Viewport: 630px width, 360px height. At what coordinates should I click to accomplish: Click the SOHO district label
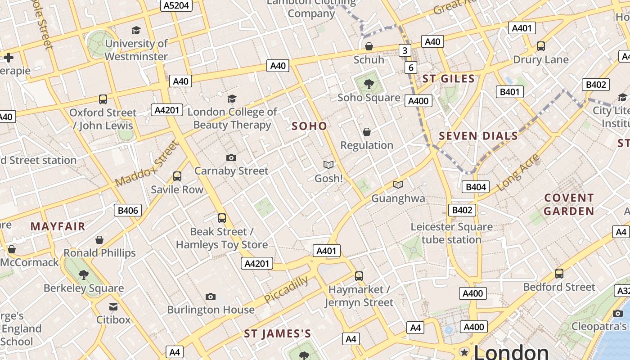pos(309,126)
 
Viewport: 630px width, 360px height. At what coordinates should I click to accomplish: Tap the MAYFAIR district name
pos(58,226)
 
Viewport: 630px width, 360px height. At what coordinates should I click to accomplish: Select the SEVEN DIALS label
pos(478,136)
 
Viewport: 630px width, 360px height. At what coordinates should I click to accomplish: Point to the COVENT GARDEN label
pos(569,204)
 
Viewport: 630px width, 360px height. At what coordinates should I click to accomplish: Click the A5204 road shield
pos(176,5)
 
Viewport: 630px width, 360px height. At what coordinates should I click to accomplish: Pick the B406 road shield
pos(128,210)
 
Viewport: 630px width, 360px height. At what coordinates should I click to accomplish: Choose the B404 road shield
pos(476,187)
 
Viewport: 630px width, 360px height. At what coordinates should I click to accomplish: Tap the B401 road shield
pos(510,92)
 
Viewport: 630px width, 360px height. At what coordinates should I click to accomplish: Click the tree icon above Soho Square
pos(369,84)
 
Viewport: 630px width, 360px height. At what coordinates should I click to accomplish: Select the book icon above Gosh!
pos(328,165)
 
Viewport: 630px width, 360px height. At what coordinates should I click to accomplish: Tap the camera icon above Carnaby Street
pos(231,157)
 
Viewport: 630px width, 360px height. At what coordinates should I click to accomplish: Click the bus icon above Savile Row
pos(177,176)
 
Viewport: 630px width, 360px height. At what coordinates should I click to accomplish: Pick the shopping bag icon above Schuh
pos(369,46)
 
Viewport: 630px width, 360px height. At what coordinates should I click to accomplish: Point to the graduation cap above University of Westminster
pos(136,30)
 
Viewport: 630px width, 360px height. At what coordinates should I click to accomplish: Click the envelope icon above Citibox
pos(113,307)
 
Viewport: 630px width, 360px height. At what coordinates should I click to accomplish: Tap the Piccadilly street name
pos(287,289)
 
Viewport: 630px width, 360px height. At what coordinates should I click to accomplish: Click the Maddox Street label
pos(147,164)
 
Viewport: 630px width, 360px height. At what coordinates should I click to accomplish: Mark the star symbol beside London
pos(464,352)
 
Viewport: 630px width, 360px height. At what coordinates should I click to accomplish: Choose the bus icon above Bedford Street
pos(559,273)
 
